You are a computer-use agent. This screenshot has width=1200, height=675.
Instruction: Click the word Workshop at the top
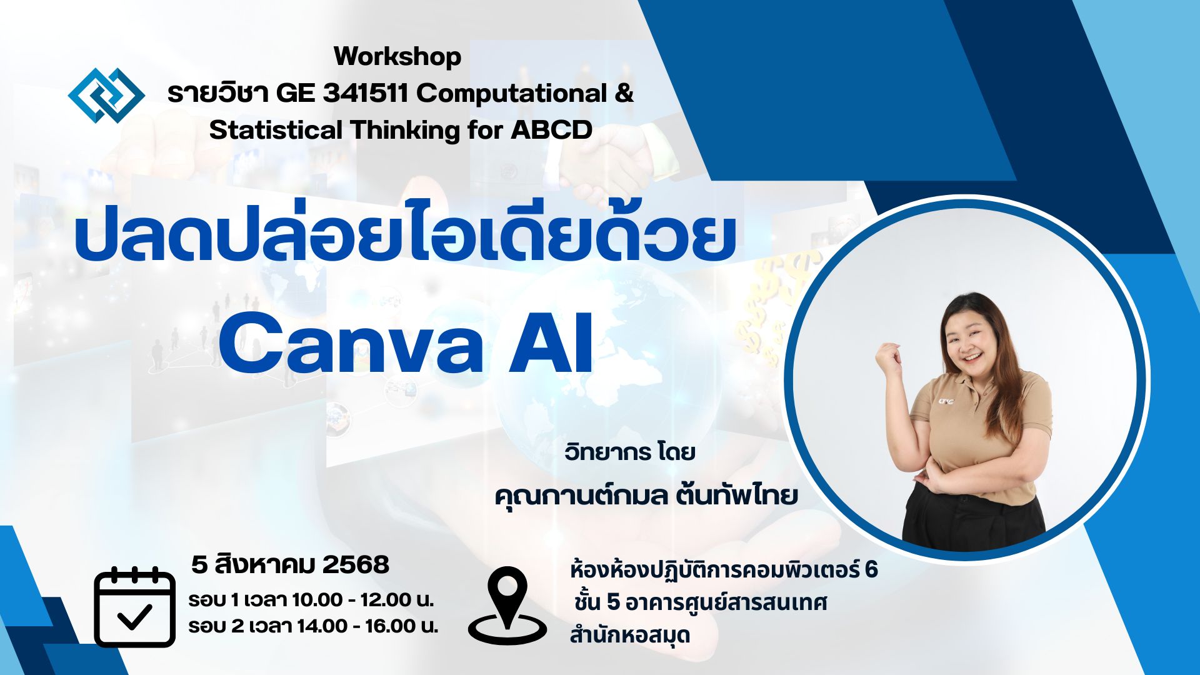397,57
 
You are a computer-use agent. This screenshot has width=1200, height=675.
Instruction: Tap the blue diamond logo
106,95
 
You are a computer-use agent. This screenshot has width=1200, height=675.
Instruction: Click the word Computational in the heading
512,94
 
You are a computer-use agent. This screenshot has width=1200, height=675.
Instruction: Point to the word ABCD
552,130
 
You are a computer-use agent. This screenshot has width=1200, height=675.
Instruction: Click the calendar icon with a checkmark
134,606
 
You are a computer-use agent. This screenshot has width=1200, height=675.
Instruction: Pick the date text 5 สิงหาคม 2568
290,564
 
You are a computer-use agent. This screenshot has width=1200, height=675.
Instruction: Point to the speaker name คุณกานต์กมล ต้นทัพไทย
646,495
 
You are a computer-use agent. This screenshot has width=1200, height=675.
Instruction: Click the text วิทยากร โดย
630,451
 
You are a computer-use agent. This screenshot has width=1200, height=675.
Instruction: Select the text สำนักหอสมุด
629,635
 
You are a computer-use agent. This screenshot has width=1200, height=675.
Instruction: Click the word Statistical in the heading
276,130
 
